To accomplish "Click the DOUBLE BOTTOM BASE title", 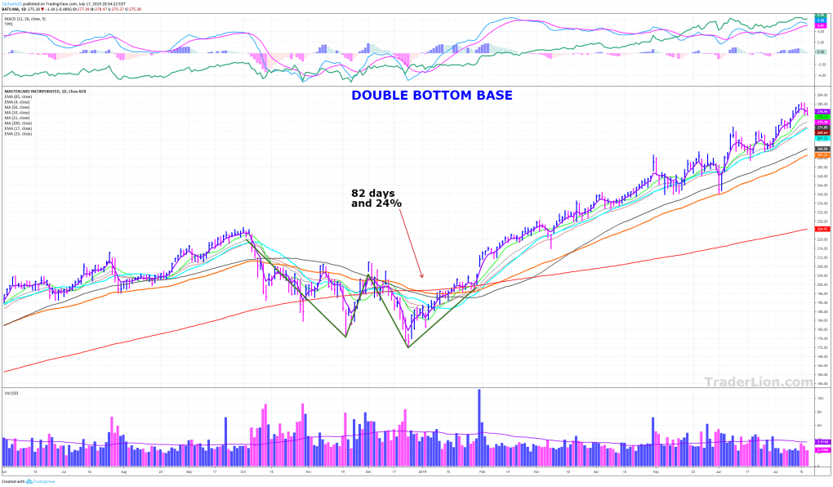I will pyautogui.click(x=431, y=96).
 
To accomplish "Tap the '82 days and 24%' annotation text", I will pyautogui.click(x=376, y=198).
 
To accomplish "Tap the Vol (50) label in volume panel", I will pyautogui.click(x=11, y=395).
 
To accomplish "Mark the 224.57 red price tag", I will pyautogui.click(x=822, y=230).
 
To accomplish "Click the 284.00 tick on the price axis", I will pyautogui.click(x=822, y=96).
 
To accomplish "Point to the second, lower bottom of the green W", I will pyautogui.click(x=407, y=346).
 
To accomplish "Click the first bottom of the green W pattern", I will pyautogui.click(x=345, y=336).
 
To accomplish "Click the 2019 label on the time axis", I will pyautogui.click(x=422, y=472).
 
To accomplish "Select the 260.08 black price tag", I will pyautogui.click(x=822, y=149).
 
